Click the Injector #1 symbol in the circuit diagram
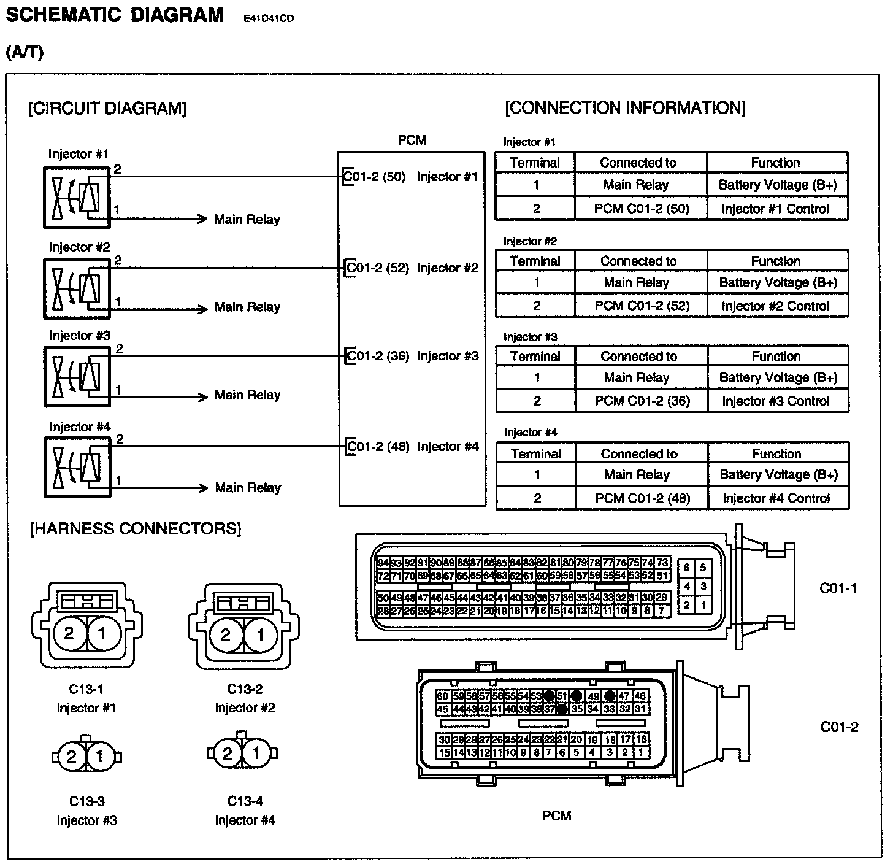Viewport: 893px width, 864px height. [77, 197]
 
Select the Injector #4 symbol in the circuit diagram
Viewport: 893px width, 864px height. [77, 467]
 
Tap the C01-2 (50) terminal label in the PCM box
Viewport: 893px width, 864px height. [375, 177]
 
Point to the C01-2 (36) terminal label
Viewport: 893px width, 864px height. [378, 356]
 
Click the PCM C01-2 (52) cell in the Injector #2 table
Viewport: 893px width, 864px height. [642, 306]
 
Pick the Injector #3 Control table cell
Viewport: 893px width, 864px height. [776, 401]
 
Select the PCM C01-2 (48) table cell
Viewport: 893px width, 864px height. [642, 498]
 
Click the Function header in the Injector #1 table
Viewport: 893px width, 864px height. [775, 163]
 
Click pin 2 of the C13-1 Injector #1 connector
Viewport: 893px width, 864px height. [69, 633]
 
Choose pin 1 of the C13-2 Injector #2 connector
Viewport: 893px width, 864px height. [260, 634]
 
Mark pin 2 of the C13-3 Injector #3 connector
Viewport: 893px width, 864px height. [71, 757]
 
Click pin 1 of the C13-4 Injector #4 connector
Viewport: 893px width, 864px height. [256, 754]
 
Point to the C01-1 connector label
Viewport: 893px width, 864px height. [838, 588]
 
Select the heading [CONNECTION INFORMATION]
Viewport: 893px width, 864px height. [625, 108]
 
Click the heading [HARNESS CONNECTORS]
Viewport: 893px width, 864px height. [135, 528]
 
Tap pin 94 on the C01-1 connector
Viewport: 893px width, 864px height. [383, 563]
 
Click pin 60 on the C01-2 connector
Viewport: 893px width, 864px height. [443, 696]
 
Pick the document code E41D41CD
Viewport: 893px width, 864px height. [269, 18]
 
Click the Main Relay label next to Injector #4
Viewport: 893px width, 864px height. [248, 488]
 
